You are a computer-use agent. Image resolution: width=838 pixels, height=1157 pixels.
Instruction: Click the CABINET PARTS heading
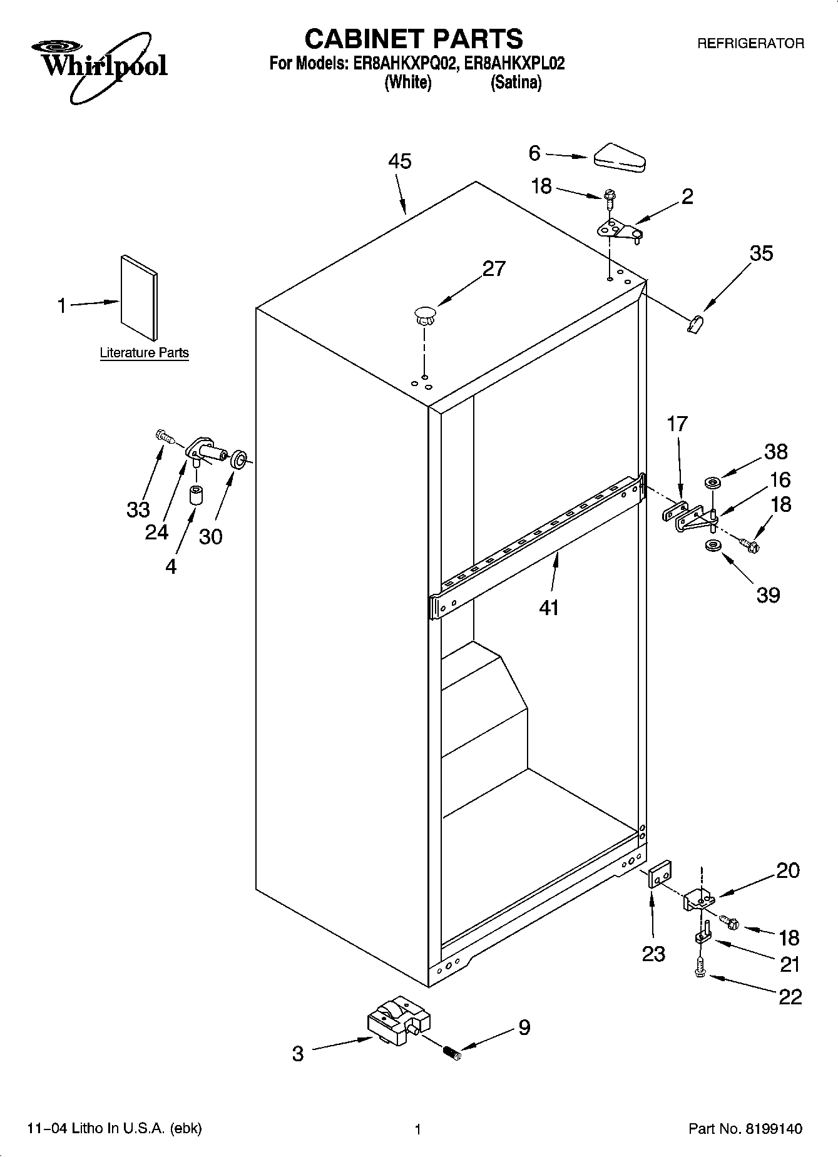tap(414, 39)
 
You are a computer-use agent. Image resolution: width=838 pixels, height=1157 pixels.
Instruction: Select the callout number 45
tap(399, 161)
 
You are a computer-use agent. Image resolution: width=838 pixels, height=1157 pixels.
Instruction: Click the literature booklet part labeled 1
tap(139, 297)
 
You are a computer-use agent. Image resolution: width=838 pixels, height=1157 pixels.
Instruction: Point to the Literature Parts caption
tap(145, 353)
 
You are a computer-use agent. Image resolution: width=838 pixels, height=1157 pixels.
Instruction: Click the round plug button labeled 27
tap(425, 314)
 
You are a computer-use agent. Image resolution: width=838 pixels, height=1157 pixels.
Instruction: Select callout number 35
tap(760, 253)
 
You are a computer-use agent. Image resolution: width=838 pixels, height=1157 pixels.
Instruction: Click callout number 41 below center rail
tap(548, 606)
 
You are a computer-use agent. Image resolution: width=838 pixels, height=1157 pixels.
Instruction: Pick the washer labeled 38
tap(712, 483)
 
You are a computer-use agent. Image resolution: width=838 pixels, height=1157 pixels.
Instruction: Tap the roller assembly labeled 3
tap(399, 1021)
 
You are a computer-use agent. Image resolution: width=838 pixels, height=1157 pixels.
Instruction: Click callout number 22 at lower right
tap(790, 996)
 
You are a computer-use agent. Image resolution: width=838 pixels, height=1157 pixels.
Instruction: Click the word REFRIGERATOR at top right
tap(750, 44)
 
